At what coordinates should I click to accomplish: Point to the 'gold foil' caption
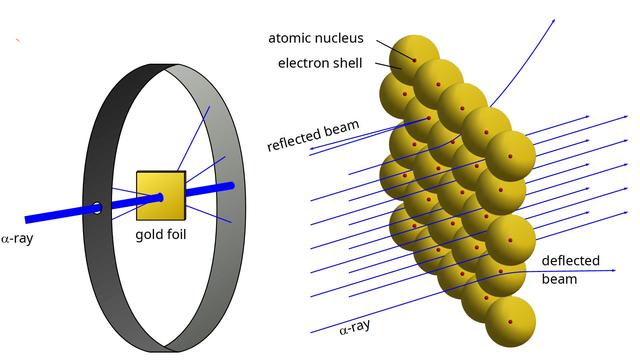(160, 236)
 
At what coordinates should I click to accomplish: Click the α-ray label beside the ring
(17, 239)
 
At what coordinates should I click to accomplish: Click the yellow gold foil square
(160, 196)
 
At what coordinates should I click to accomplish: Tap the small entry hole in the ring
(97, 208)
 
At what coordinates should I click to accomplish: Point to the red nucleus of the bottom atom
(510, 321)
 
